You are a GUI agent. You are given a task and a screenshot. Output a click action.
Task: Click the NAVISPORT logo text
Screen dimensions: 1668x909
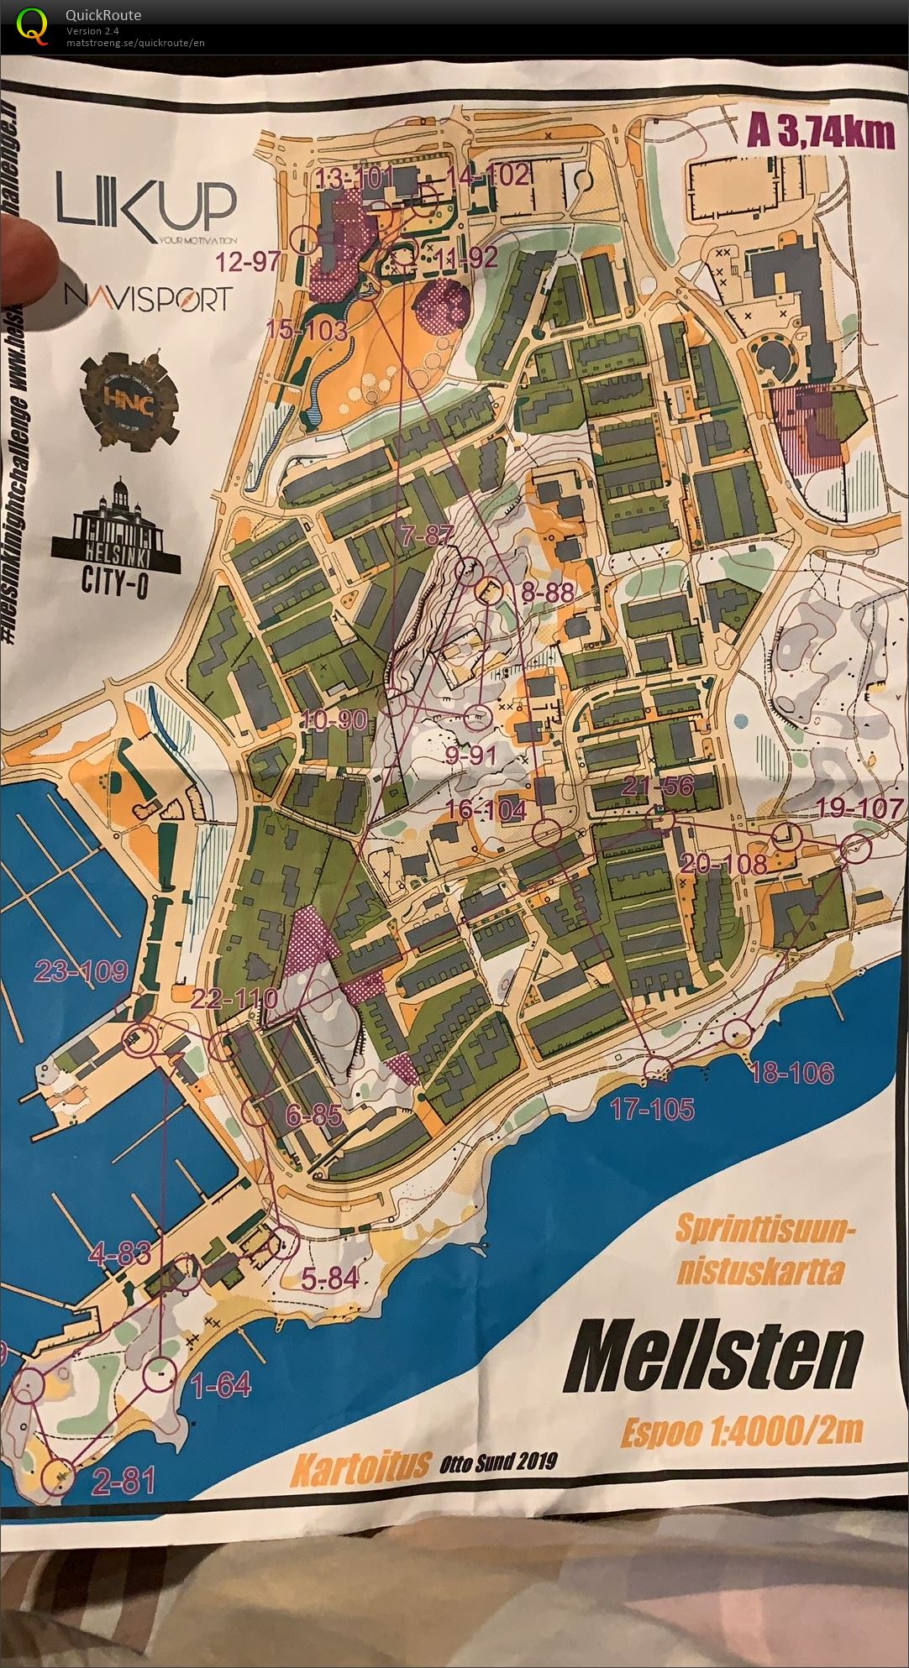tap(147, 298)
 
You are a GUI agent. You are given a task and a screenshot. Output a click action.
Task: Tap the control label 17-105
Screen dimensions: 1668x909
tap(653, 1110)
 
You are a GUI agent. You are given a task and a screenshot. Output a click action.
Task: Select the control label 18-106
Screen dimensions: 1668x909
tap(791, 1072)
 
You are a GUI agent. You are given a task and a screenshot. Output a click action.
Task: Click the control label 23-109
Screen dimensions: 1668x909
tap(81, 972)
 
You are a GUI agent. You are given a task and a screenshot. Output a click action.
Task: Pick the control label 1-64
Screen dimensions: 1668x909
tap(222, 1386)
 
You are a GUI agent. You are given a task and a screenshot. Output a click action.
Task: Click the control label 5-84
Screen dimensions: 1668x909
tap(329, 1278)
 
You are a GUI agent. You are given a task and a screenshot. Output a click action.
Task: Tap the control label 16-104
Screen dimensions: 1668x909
tap(488, 809)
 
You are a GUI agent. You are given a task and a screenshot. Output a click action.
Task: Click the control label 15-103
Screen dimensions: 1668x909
tap(307, 330)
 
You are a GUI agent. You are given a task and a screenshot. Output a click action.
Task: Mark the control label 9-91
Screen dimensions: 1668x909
tap(470, 756)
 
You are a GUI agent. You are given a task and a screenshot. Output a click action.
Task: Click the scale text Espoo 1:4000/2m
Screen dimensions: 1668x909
tap(742, 1430)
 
